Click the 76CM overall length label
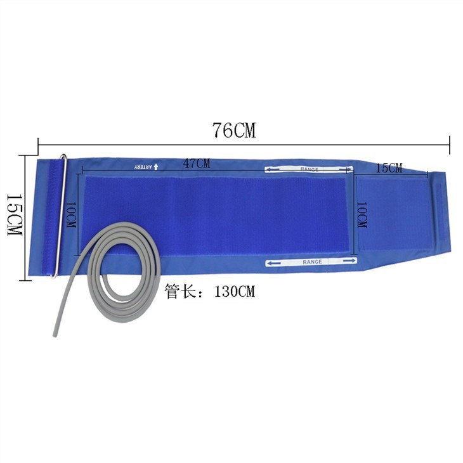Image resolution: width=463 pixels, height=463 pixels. click(234, 131)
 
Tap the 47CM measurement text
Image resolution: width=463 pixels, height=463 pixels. click(197, 164)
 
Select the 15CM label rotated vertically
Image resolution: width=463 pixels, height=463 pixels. click(14, 215)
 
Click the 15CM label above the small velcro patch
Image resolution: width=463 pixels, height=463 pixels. click(389, 168)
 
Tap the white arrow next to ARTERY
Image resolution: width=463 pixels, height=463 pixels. click(156, 167)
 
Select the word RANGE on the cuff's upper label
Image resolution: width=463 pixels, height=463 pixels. click(309, 169)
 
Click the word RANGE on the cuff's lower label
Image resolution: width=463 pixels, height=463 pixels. click(312, 261)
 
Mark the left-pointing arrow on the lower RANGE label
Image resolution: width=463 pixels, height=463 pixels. click(275, 261)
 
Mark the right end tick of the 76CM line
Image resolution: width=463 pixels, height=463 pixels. click(449, 145)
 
